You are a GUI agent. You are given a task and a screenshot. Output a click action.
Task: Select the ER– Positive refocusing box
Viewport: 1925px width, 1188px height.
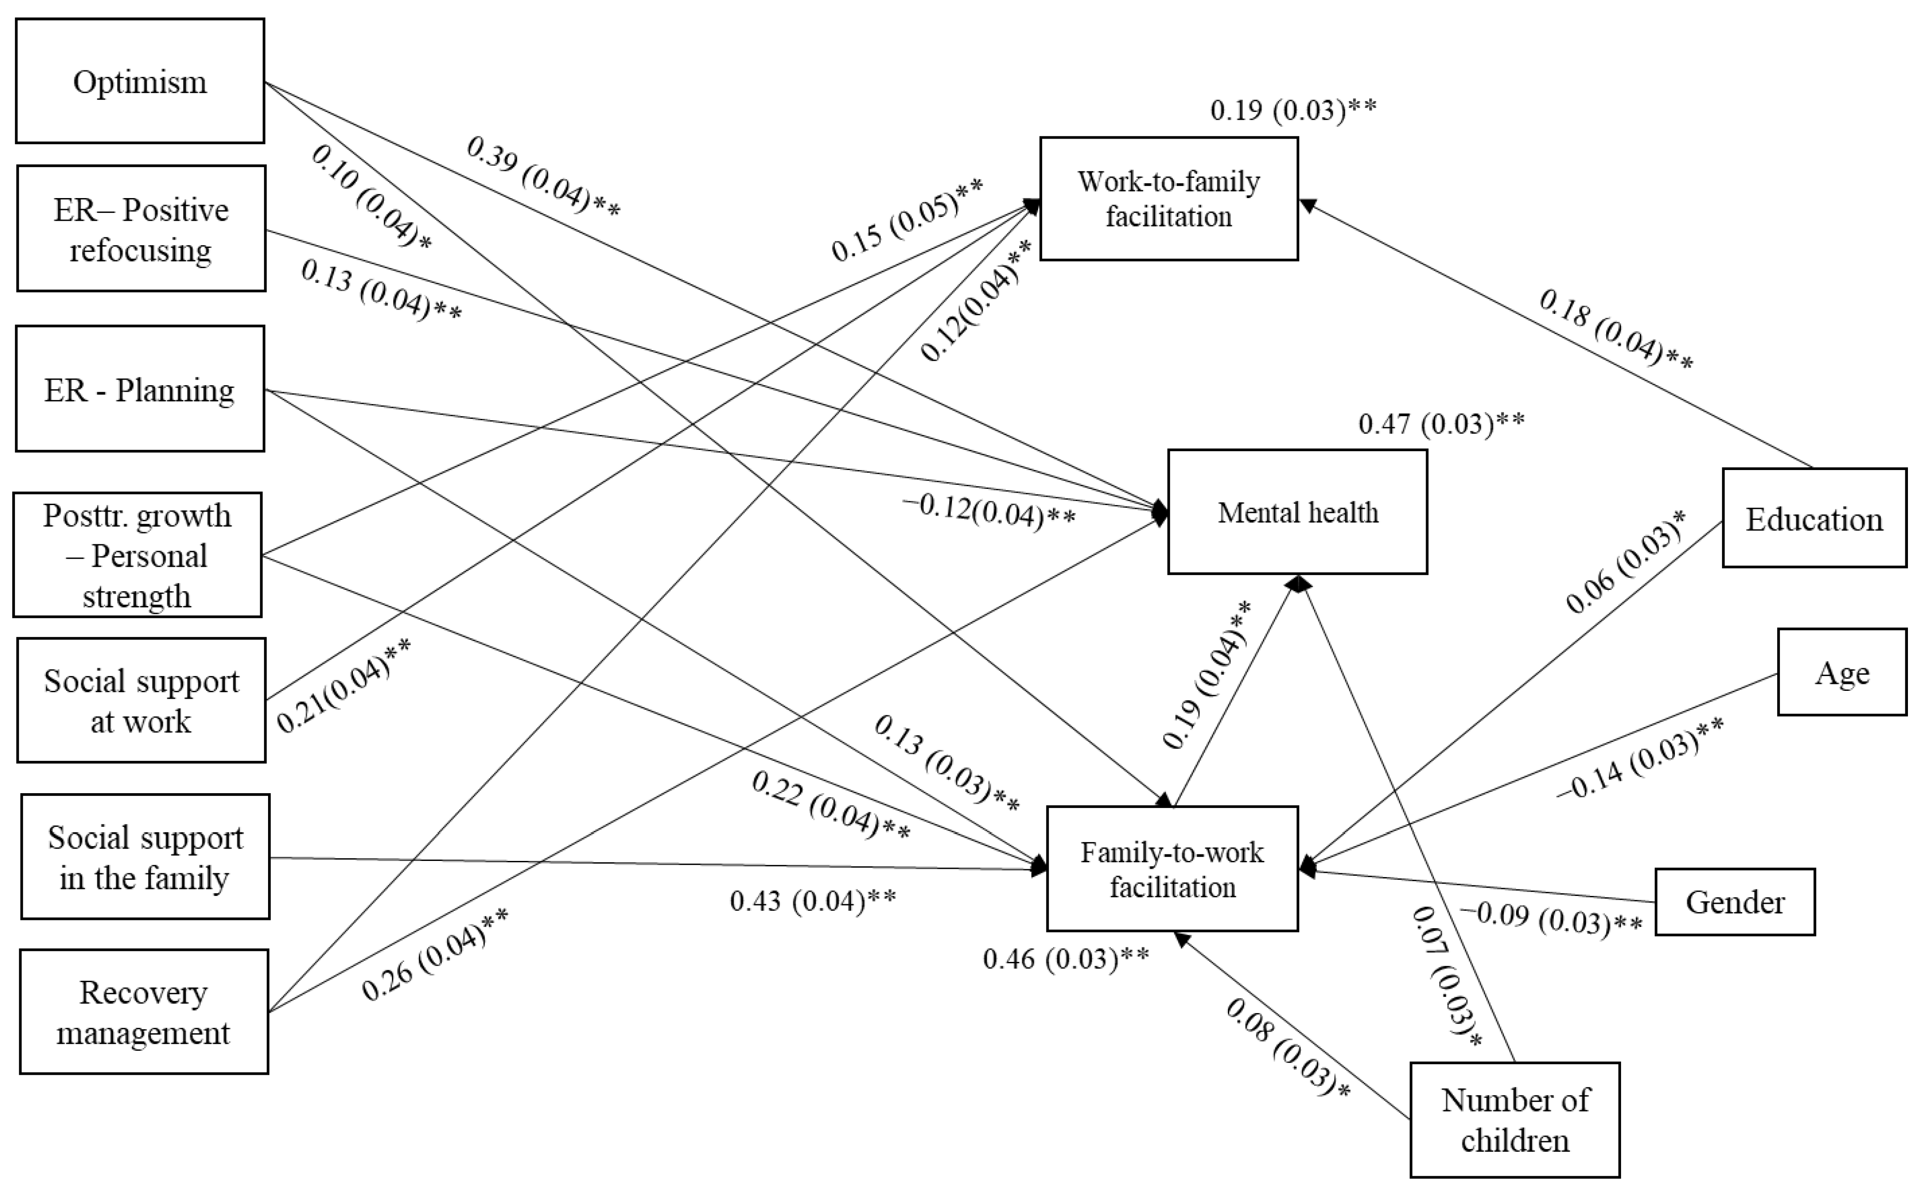coord(141,229)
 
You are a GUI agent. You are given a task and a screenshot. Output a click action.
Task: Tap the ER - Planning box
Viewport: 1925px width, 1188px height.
coord(140,389)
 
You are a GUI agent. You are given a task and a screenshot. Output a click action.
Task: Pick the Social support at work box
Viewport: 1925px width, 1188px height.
coord(141,700)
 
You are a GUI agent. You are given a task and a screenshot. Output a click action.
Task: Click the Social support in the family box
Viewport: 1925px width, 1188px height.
coord(145,857)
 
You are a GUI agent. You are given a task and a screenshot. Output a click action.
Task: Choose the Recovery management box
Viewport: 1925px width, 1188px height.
coord(144,1011)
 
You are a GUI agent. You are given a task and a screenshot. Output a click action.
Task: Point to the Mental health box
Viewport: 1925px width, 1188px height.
coord(1297,512)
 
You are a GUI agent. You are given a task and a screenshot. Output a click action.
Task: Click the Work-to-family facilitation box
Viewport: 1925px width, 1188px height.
coord(1168,199)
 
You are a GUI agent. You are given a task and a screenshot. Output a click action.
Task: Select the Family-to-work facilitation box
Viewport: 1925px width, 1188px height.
coord(1172,869)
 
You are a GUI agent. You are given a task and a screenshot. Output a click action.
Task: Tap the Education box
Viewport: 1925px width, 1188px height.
coord(1814,519)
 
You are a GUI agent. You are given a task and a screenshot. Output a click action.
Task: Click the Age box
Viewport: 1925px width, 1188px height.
coord(1842,672)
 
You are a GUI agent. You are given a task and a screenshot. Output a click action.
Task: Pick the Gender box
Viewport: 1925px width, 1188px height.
coord(1735,902)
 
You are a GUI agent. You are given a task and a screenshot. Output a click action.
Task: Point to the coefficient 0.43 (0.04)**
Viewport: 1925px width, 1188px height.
coord(813,900)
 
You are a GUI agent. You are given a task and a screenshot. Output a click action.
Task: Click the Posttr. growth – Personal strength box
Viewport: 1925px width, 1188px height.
coord(137,555)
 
